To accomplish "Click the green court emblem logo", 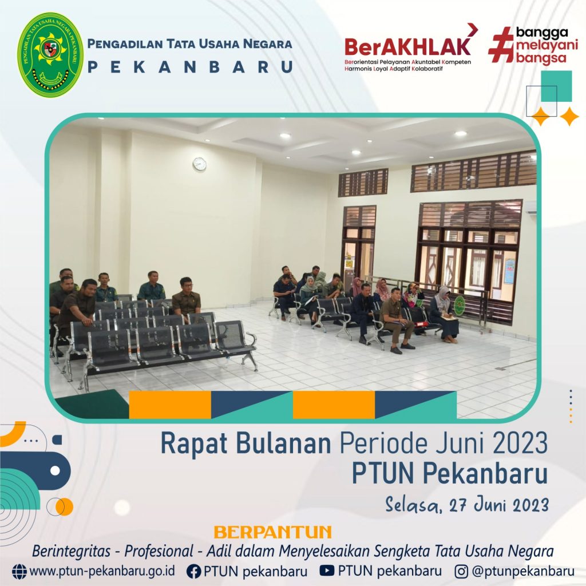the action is point(51,54).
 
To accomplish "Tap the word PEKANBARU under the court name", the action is point(190,67).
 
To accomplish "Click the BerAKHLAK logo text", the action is point(407,47).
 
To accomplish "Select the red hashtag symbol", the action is point(501,44).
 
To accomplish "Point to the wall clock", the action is point(200,164).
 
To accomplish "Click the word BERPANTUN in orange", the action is point(273,532).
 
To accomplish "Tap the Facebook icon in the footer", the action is point(193,571).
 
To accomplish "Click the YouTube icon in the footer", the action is point(327,571).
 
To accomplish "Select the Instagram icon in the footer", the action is point(461,571).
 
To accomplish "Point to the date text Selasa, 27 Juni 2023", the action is point(467,505).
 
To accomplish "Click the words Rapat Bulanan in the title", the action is point(246,444).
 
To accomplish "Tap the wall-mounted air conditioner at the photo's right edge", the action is point(530,207).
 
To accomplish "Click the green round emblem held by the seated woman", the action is point(460,304).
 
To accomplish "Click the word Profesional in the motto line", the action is point(159,551).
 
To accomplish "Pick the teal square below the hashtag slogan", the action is point(556,86).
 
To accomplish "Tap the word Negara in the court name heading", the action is point(268,43).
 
